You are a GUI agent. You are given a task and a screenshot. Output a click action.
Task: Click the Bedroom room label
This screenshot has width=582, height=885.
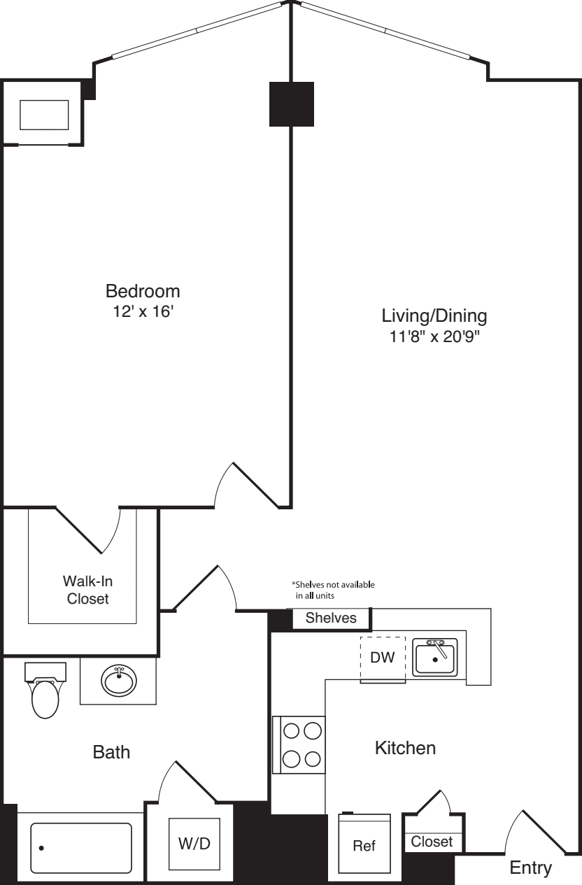[x=143, y=292]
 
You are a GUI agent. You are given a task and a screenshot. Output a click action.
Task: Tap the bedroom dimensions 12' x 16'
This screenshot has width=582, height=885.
[x=143, y=312]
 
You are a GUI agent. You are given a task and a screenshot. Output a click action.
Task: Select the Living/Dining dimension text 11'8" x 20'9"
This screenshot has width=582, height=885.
[x=434, y=337]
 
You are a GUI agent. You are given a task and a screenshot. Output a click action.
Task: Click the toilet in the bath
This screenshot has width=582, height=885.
[x=45, y=691]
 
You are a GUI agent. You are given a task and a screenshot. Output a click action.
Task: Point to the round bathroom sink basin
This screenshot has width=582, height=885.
[x=119, y=681]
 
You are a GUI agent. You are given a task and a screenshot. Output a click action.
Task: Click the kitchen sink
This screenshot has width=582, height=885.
[x=434, y=658]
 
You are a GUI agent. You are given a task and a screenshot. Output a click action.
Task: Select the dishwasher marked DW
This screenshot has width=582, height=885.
[x=383, y=660]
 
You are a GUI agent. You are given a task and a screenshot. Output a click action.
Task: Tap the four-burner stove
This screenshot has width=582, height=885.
[x=299, y=744]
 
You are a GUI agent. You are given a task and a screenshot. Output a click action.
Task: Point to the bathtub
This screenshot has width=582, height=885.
[x=80, y=848]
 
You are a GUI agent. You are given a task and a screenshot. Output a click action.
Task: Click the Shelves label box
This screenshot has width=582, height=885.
[x=331, y=618]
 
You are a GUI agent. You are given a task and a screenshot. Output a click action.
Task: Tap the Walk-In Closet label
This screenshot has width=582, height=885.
[x=87, y=590]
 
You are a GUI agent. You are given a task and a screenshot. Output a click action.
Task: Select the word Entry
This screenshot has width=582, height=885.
[x=531, y=868]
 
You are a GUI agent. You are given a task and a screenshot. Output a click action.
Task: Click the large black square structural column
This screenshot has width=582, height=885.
[x=292, y=104]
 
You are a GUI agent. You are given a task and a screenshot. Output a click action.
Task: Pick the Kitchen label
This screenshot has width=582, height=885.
[x=406, y=749]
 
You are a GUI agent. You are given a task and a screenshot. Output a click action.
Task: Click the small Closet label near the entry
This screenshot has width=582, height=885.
[x=432, y=842]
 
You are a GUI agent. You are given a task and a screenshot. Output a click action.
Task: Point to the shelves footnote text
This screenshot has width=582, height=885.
[x=333, y=590]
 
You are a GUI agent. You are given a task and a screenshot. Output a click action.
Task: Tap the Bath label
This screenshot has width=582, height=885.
[x=111, y=752]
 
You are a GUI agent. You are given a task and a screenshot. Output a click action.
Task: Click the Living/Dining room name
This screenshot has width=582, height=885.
[x=434, y=316]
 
